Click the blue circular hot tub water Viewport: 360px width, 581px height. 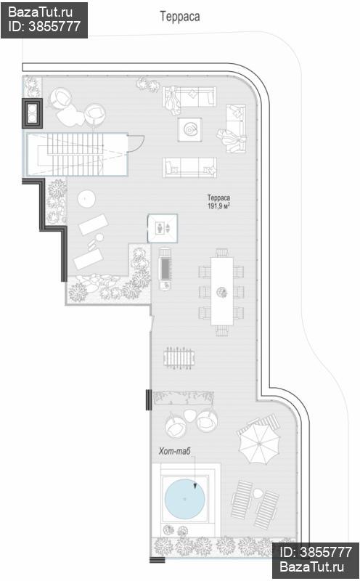coord(184,499)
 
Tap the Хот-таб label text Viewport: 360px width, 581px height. coord(174,451)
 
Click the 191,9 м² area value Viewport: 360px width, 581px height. coord(218,206)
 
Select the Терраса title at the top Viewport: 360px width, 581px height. coord(180,16)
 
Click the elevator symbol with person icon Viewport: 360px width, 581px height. coord(163,228)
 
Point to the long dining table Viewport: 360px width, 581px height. coord(222,291)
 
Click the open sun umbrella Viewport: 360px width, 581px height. coord(258,443)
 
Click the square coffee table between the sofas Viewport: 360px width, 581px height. coord(190,129)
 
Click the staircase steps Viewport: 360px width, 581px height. coord(75,155)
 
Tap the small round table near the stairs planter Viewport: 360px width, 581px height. coord(86,199)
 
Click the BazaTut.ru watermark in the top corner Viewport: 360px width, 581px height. coord(41,12)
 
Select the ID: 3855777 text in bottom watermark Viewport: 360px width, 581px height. coord(316,553)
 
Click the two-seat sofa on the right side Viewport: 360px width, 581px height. coord(236,129)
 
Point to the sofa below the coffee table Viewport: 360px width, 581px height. coord(189,168)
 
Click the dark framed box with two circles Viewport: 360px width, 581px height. coord(32,113)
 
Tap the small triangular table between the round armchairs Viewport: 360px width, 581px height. coord(191,415)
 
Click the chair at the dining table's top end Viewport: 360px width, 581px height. coord(222,253)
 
